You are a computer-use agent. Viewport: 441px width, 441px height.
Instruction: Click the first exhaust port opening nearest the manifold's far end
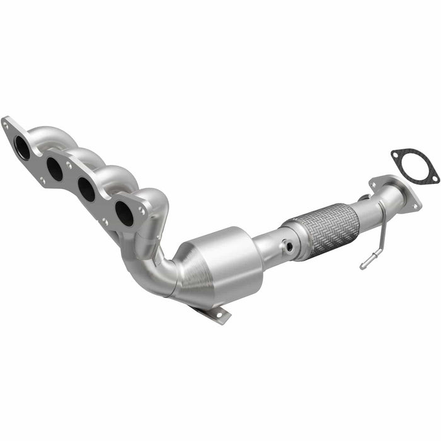(x=22, y=148)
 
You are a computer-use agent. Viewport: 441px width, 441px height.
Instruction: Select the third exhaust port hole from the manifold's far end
(x=87, y=190)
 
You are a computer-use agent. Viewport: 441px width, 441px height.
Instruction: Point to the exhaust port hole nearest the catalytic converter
(x=124, y=214)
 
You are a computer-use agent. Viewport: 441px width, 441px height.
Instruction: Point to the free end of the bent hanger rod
(x=364, y=266)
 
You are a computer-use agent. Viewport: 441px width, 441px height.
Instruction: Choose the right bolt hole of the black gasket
(x=433, y=180)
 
